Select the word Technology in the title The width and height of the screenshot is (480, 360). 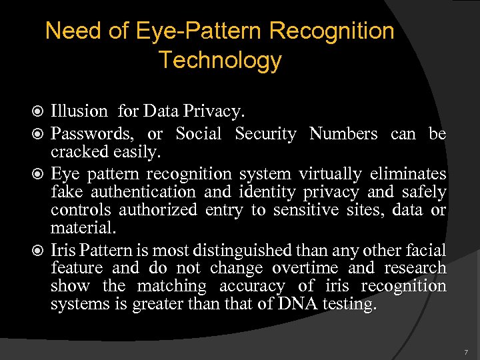click(220, 61)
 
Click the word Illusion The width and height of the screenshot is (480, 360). click(79, 111)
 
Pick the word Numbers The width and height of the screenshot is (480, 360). click(343, 134)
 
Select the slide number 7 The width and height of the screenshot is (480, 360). click(466, 351)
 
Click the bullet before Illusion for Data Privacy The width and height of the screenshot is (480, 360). click(42, 111)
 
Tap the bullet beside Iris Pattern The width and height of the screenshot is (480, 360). click(42, 251)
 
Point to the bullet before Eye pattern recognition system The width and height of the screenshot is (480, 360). click(42, 175)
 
